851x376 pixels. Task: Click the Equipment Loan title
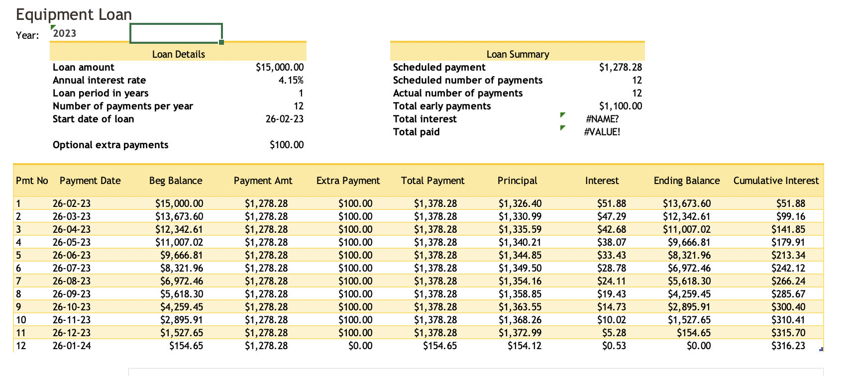(74, 14)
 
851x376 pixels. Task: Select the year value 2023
(65, 33)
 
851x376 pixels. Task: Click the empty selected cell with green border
(176, 33)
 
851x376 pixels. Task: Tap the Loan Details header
(178, 54)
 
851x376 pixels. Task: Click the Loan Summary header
(518, 54)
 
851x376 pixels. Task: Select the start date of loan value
(284, 119)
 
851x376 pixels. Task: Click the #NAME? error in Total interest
(602, 119)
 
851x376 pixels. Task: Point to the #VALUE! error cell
(602, 132)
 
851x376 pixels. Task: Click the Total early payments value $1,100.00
(620, 106)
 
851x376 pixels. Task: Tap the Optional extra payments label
(110, 145)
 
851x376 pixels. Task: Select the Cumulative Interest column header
(775, 181)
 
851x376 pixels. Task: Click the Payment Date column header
(90, 181)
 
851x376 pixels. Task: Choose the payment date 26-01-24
(72, 346)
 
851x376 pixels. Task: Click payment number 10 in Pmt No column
(21, 320)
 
